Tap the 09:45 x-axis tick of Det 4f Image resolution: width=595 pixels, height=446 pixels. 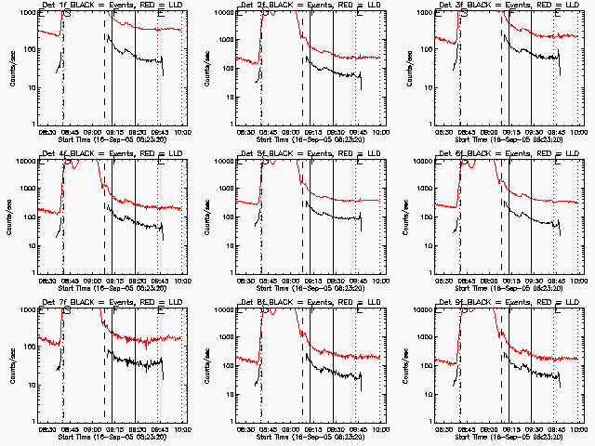point(160,281)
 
